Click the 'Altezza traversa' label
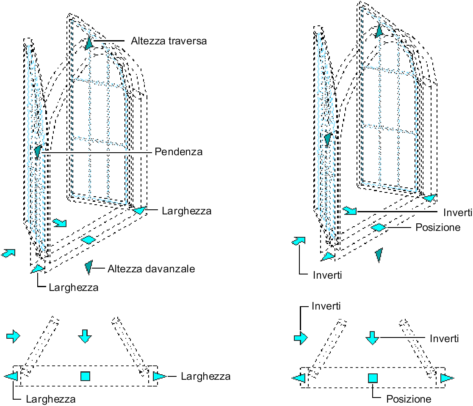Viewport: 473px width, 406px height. click(x=169, y=41)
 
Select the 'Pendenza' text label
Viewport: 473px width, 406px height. click(x=178, y=151)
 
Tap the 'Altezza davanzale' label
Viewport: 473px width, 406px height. click(x=151, y=269)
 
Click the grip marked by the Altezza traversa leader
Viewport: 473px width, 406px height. click(x=89, y=43)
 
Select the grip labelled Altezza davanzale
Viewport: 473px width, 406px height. click(x=89, y=266)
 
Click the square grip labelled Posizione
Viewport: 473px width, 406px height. click(x=373, y=378)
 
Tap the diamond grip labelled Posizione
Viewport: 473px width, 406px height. click(x=378, y=228)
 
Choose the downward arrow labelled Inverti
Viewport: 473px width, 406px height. click(x=372, y=337)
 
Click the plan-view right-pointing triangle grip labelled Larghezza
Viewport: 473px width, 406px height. click(x=159, y=376)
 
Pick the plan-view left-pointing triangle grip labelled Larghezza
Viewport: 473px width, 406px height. click(x=11, y=376)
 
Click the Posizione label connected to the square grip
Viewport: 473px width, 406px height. click(x=409, y=399)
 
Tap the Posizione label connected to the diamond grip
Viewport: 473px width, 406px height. click(x=437, y=228)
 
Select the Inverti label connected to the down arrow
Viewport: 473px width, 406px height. click(x=444, y=338)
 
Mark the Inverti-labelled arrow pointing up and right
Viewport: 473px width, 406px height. click(x=299, y=241)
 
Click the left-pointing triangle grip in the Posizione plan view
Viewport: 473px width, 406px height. click(x=299, y=378)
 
